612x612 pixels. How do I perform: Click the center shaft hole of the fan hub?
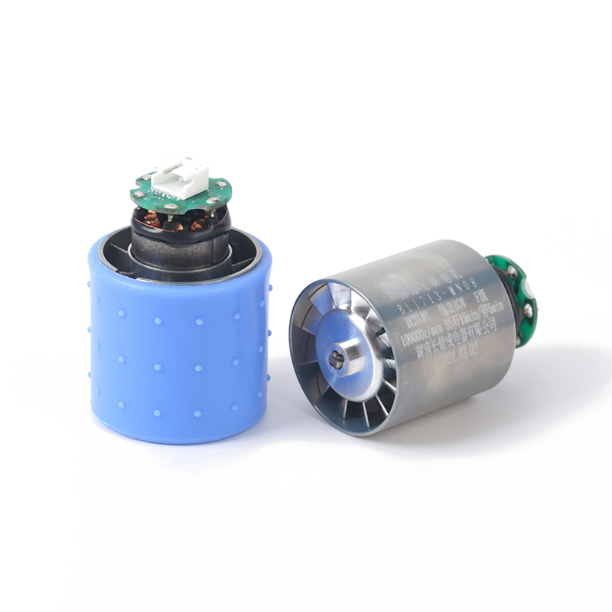pyautogui.click(x=335, y=356)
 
